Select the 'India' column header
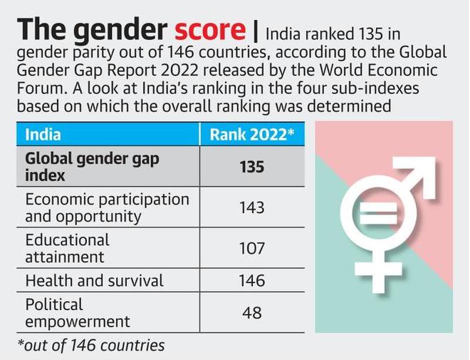pos(43,134)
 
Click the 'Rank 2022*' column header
pos(251,134)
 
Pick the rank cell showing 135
pos(251,166)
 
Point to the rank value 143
pos(251,207)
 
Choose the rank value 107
pos(251,248)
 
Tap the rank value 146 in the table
pos(251,281)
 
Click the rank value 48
pos(251,313)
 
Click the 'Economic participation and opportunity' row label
pos(107,207)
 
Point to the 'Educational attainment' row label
pos(68,248)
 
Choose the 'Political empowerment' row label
pos(78,313)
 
